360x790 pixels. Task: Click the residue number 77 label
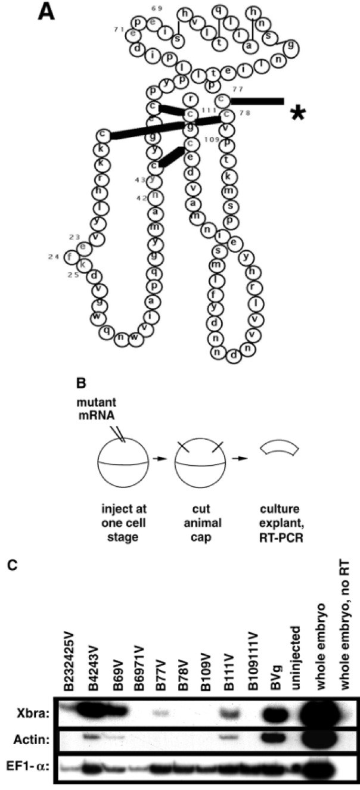[239, 88]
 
